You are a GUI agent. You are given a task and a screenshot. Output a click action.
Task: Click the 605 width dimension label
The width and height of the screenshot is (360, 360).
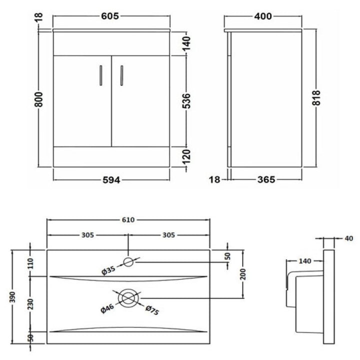point(110,16)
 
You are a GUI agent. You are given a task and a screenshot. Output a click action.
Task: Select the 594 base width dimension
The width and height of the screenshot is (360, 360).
point(111,180)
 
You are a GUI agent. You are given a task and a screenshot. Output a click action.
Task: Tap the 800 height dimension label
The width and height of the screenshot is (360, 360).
point(39,99)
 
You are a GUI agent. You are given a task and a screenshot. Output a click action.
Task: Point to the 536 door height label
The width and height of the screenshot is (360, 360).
point(186,100)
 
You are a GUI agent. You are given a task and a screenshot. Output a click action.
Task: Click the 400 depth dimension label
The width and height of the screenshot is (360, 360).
point(263,16)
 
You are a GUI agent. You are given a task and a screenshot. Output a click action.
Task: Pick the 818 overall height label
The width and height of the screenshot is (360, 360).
point(316,98)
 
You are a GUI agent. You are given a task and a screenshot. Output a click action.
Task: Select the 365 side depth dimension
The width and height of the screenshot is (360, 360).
point(266,179)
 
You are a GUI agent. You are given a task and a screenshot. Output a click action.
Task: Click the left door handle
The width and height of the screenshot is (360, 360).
point(101,75)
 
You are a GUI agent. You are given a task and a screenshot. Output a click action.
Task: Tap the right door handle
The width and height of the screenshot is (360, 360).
point(121,75)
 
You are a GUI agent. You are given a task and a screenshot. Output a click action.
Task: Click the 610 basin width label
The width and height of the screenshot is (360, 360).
point(128,220)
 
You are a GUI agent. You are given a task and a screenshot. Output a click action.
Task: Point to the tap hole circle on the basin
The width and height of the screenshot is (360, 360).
point(128,262)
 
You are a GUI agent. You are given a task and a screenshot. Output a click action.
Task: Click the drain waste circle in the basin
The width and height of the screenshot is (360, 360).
point(128,298)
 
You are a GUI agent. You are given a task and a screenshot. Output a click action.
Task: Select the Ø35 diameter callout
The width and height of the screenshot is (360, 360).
point(108,270)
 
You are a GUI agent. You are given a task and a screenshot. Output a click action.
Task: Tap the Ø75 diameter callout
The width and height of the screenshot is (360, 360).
point(152,310)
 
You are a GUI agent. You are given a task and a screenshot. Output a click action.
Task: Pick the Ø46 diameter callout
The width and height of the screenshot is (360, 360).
point(107,308)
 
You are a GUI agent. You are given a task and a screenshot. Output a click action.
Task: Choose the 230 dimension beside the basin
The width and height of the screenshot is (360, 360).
point(30,304)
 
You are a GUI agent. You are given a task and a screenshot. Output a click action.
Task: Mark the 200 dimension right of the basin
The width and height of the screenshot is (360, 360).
point(243,274)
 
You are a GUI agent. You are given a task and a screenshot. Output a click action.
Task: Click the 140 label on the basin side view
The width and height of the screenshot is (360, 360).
point(305,261)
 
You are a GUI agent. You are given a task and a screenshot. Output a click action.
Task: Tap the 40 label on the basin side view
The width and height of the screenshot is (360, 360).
point(349,238)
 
